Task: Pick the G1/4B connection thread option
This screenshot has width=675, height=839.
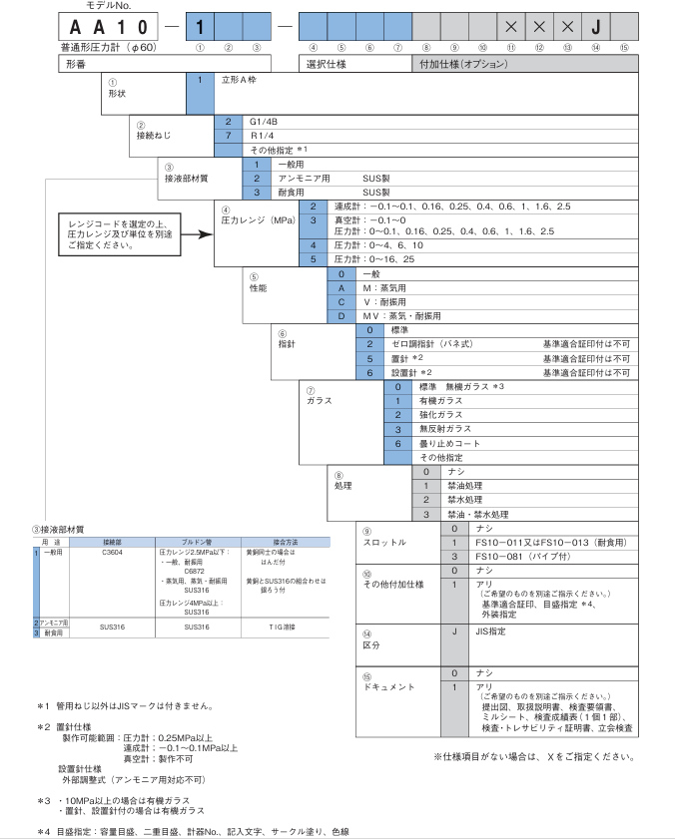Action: tap(264, 121)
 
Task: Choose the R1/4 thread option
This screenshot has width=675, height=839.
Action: tap(261, 135)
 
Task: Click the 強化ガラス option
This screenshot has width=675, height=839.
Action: tap(441, 414)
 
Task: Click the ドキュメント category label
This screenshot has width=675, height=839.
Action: tap(383, 688)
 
